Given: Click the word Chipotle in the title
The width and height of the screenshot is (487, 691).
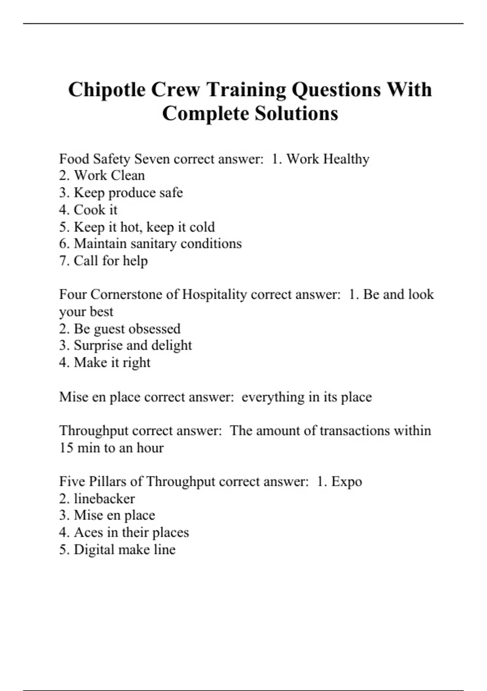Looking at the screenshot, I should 107,90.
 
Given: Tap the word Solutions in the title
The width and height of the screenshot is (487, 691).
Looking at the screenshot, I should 296,113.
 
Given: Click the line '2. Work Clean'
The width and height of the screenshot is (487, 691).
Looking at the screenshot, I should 102,176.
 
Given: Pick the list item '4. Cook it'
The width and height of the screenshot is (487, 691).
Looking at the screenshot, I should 88,210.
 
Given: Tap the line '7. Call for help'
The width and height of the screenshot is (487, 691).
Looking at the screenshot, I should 103,261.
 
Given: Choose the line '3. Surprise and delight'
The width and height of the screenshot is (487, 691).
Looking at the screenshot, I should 125,345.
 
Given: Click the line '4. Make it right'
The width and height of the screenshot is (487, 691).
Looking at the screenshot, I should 105,363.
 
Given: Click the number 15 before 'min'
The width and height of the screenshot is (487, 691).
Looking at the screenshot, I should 66,448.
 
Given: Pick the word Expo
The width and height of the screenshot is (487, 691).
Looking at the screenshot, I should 347,482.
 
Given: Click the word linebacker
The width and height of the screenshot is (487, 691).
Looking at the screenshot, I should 104,499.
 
